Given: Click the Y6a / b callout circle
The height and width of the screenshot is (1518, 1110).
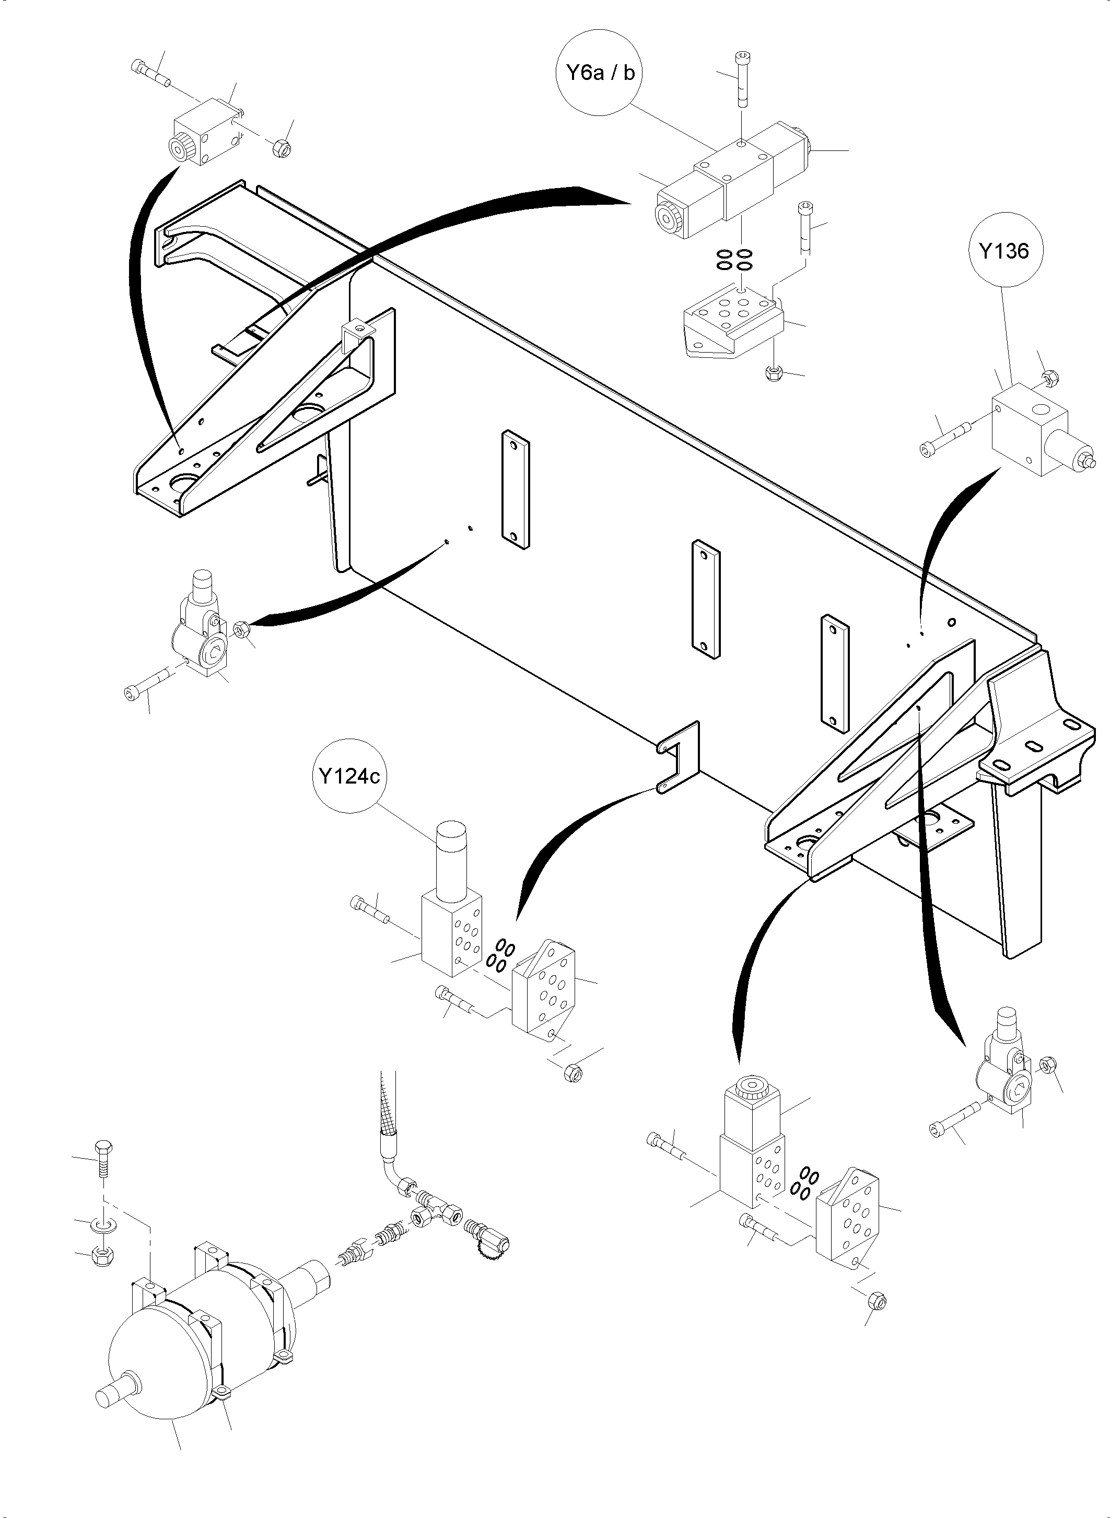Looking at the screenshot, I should [596, 73].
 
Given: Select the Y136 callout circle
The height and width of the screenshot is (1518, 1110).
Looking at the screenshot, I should [1003, 251].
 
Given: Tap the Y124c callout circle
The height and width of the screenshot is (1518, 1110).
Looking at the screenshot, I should [349, 777].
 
